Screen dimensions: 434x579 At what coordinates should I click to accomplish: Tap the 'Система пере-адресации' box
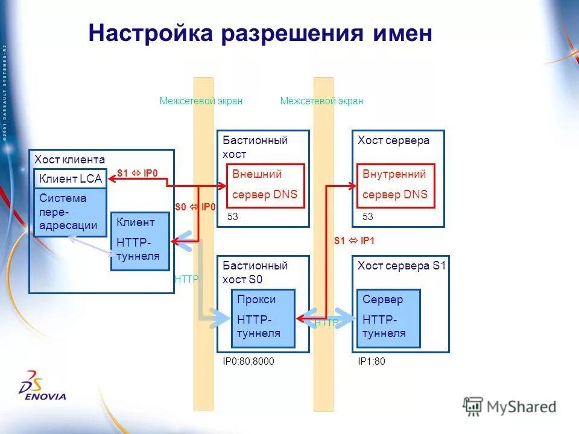[70, 212]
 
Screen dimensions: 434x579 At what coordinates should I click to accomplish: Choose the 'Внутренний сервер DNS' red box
[396, 185]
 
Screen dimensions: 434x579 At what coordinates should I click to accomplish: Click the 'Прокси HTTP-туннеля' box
[263, 318]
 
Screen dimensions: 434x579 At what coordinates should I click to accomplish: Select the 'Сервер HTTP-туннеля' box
[388, 318]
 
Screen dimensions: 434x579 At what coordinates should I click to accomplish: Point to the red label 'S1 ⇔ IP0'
[137, 174]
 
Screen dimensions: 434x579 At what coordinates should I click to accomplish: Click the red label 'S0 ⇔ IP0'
[195, 207]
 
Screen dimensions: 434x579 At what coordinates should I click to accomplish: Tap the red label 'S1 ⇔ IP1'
[355, 241]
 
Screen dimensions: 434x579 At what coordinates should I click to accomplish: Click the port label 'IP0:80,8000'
[248, 362]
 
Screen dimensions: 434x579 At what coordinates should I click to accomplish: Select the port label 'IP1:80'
[372, 362]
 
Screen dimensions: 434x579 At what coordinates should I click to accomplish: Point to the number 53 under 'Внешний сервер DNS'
[232, 216]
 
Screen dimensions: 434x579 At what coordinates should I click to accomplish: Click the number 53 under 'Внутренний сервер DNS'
[367, 216]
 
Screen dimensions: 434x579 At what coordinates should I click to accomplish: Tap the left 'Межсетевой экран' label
[201, 101]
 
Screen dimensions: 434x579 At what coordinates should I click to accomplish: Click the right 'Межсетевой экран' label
[321, 101]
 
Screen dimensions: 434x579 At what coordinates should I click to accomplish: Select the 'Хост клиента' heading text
[69, 160]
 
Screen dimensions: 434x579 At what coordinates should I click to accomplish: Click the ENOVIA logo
[42, 389]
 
